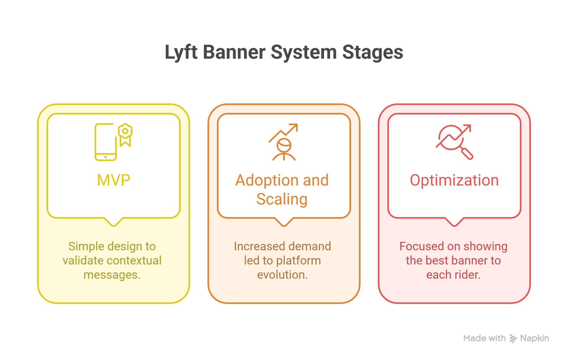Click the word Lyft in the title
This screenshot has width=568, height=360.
tap(181, 52)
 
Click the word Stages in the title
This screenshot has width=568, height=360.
tap(372, 52)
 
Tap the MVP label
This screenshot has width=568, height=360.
tap(114, 180)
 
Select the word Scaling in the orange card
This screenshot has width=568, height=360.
tap(282, 199)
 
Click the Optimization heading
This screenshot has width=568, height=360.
tap(454, 180)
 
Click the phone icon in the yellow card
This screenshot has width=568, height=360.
tap(105, 142)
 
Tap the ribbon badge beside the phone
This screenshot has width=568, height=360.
tap(125, 135)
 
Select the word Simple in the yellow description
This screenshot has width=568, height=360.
tap(86, 246)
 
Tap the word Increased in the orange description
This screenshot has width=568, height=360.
tap(256, 246)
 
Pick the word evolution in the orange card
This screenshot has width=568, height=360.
tap(282, 275)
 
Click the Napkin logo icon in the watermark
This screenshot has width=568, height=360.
tap(513, 338)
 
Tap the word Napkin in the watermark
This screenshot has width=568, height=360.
tap(534, 338)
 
